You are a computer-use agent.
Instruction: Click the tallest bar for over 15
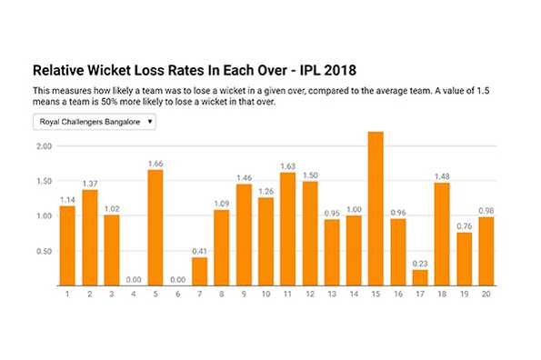[x=376, y=209]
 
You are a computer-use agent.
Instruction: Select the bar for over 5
[x=155, y=228]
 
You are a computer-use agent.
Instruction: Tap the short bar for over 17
[x=420, y=278]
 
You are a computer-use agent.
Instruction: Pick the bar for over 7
[x=200, y=272]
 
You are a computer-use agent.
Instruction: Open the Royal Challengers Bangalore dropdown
[x=95, y=121]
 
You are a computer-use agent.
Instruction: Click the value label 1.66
[x=155, y=165]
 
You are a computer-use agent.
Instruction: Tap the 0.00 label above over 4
[x=134, y=280]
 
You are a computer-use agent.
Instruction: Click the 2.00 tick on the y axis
[x=42, y=146]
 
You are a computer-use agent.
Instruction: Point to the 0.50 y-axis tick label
[x=42, y=252]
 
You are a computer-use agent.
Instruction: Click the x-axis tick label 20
[x=486, y=294]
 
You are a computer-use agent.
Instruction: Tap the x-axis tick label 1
[x=67, y=294]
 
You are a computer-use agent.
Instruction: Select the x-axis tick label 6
[x=177, y=294]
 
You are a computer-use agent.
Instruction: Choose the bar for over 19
[x=464, y=260]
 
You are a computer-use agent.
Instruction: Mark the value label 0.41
[x=200, y=252]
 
